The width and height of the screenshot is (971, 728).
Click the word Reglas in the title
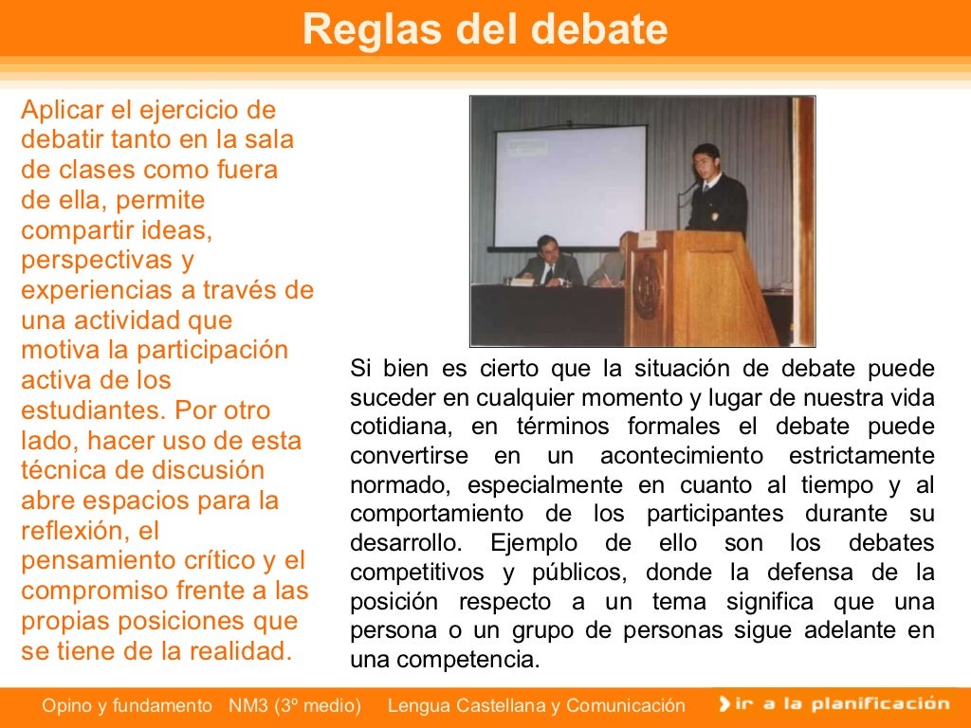pos(360,30)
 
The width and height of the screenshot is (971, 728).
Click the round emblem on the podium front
pos(648,286)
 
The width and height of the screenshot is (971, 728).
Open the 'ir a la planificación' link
pos(834,703)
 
